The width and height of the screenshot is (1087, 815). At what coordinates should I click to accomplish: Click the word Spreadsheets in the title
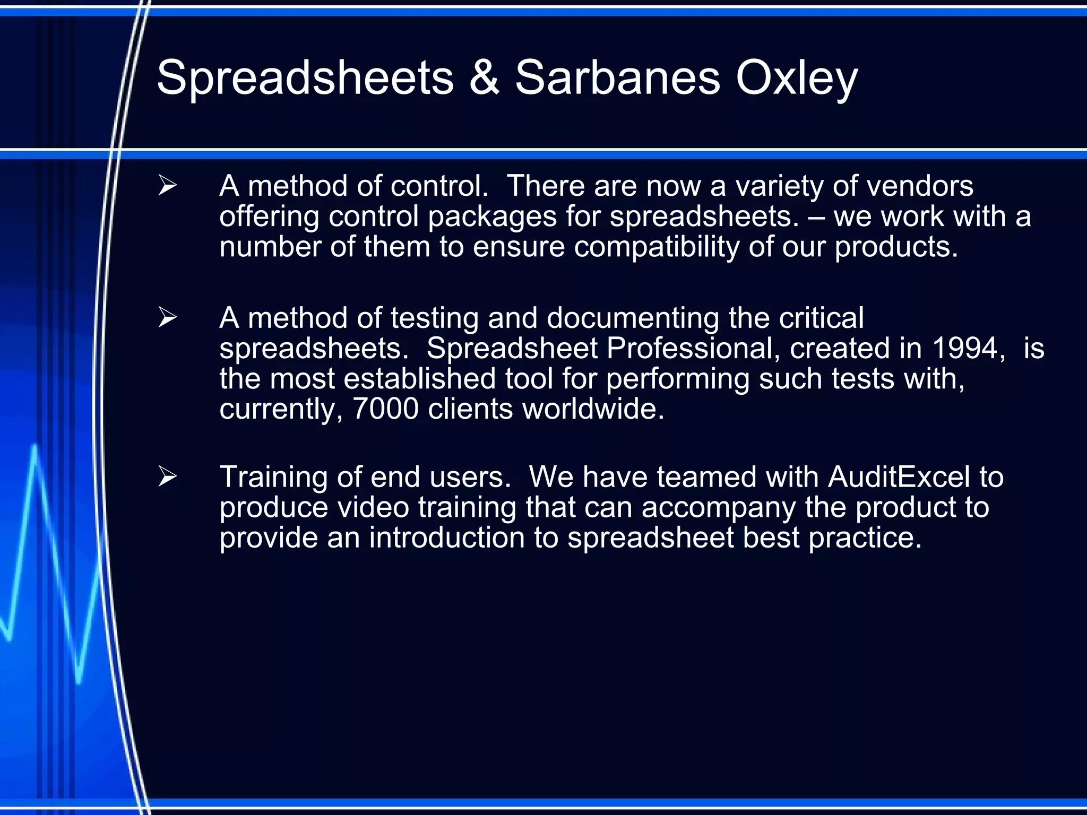[305, 79]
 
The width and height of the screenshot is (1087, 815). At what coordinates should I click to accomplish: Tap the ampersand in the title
[484, 79]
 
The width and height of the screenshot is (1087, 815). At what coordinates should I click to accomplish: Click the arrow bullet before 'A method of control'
[167, 186]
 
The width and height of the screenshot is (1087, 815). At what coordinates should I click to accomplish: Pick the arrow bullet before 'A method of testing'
[167, 318]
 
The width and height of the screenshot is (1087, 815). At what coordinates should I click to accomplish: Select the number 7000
[386, 409]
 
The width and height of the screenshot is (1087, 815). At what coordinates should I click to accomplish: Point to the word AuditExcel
[899, 477]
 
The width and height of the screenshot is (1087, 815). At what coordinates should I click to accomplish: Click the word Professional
[693, 349]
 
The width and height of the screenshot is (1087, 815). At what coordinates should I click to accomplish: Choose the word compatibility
[656, 247]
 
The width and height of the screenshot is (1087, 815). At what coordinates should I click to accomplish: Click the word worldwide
[593, 409]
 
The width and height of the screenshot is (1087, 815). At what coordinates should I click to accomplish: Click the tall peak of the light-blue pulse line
[35, 447]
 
